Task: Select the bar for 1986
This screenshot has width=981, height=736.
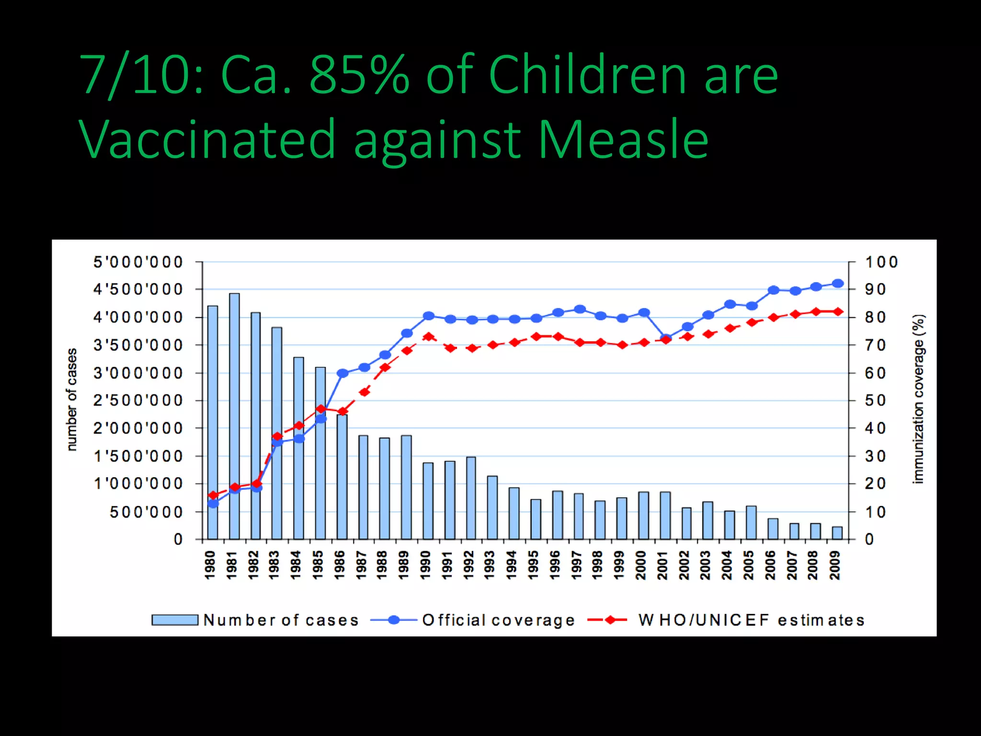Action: click(342, 477)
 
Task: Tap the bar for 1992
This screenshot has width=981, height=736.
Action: click(471, 498)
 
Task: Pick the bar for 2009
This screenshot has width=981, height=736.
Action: click(837, 533)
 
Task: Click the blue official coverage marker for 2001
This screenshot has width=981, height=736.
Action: click(665, 338)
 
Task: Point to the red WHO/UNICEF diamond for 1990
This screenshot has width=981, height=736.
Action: click(429, 336)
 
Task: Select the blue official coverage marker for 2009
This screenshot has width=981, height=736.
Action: click(838, 284)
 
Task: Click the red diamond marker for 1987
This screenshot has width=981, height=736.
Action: click(364, 392)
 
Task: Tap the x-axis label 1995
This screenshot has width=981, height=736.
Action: click(533, 565)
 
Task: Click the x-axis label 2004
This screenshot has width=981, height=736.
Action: click(727, 565)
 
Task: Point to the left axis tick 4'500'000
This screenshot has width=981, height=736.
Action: click(138, 289)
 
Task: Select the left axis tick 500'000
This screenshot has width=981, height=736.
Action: click(146, 512)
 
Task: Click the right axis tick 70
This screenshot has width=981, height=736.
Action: click(875, 345)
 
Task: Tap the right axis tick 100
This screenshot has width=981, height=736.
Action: click(880, 262)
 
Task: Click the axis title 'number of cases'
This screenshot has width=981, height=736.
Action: click(71, 400)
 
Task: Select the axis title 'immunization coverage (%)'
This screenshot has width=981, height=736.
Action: click(918, 399)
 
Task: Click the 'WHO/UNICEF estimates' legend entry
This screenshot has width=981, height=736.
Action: click(751, 620)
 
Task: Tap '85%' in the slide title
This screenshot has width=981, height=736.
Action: click(359, 75)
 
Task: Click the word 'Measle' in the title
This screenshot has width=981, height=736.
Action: click(623, 139)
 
